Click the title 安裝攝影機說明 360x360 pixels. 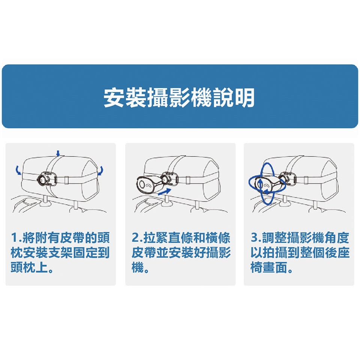click(179, 97)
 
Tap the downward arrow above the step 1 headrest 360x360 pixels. click(58, 153)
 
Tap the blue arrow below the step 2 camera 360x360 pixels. click(165, 192)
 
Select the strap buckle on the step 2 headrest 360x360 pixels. click(188, 180)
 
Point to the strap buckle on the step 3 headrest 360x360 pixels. click(306, 180)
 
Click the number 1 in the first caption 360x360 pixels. click(14, 237)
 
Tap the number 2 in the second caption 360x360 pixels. click(135, 237)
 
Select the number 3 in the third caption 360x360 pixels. click(254, 237)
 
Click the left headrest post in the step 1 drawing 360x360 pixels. click(45, 200)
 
